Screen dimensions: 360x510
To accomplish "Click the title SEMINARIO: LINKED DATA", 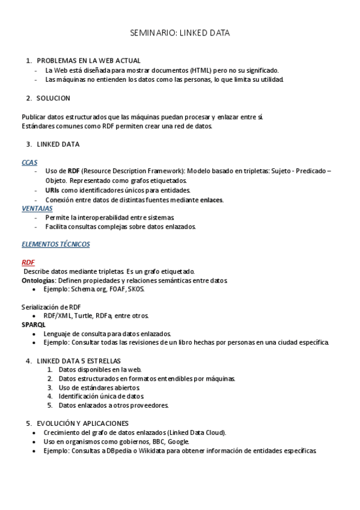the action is point(180,33).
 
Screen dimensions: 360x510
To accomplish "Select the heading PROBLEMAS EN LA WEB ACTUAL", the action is point(88,61).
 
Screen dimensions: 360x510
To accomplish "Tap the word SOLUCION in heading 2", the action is point(53,98).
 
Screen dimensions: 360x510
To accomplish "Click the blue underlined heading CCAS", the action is point(29,162).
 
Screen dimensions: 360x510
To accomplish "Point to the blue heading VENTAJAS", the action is point(37,208).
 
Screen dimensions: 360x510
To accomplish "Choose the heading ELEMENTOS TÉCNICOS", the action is point(55,244).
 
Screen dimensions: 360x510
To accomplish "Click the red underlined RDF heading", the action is point(28,262).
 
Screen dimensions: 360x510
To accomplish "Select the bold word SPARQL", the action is point(34,325).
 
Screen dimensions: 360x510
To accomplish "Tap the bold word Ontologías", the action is point(38,280).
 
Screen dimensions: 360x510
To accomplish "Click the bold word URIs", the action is point(52,190).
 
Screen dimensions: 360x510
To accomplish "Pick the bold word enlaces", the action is point(211,200).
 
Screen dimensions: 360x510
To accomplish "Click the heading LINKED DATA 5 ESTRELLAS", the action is point(79,360).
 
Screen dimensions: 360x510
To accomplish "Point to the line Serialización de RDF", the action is point(51,307).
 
